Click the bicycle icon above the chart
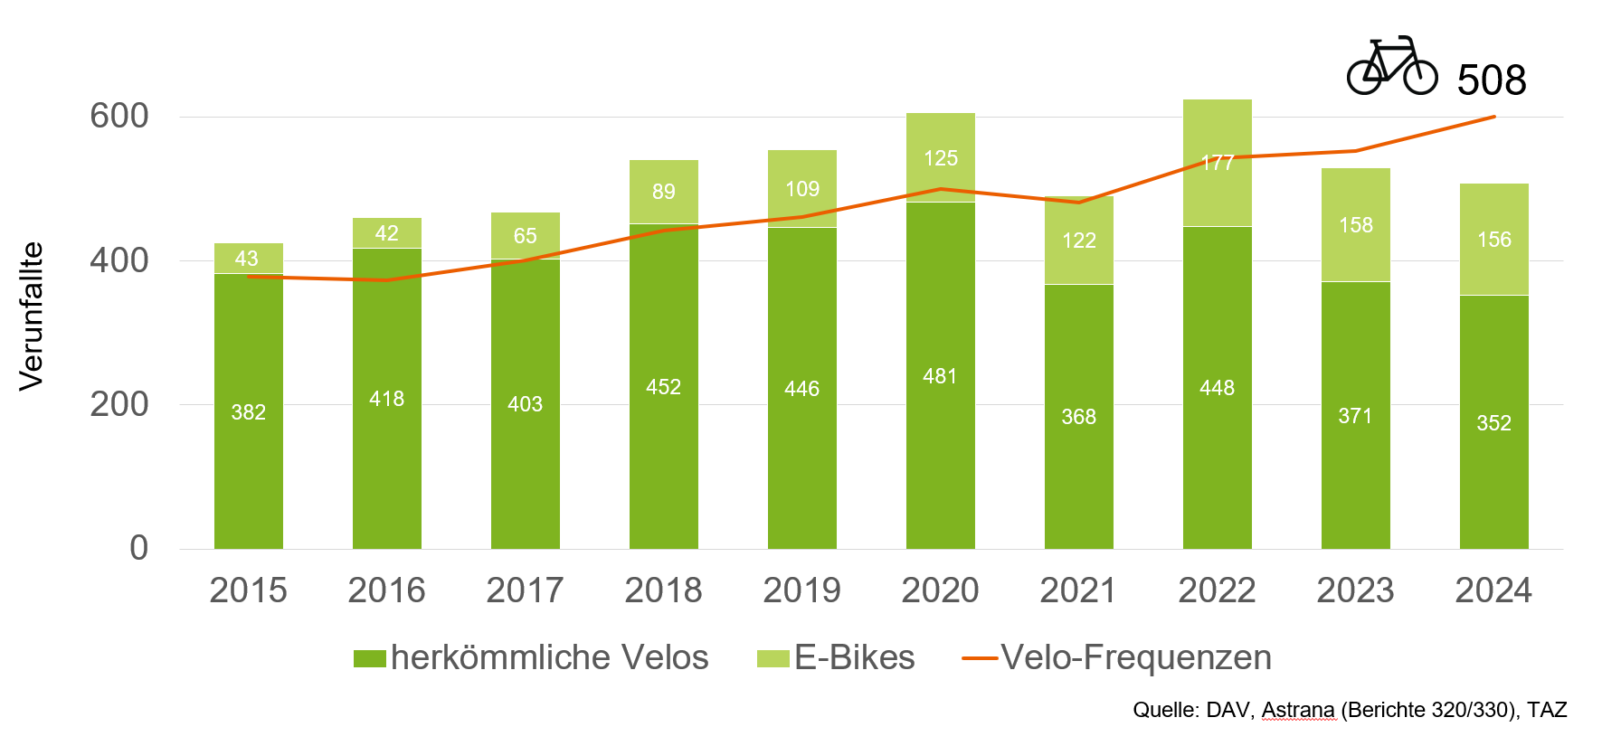(1391, 66)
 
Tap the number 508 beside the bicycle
(1492, 80)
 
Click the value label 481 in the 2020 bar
(940, 376)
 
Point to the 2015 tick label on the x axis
(248, 590)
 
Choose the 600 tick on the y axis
(119, 116)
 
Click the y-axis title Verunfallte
(32, 316)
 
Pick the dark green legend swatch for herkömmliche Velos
(369, 658)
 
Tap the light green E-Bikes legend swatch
(773, 658)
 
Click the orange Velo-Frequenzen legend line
(980, 658)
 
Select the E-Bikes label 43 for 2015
(246, 259)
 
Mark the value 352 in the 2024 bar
(1493, 423)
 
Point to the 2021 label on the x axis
(1078, 590)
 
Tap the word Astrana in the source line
(1297, 710)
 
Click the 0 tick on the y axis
(138, 548)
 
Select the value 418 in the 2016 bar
(386, 399)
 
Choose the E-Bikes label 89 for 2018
(663, 192)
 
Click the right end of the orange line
(1493, 117)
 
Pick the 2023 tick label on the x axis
(1355, 590)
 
